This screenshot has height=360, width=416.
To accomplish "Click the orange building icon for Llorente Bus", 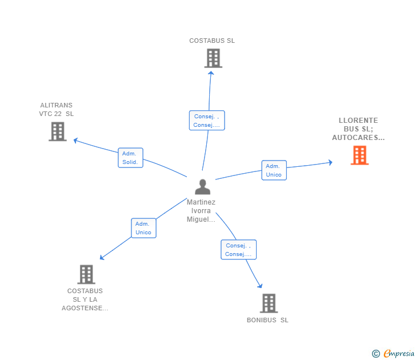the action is (x=359, y=155).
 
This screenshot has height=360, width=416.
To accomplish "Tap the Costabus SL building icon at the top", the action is (x=213, y=58).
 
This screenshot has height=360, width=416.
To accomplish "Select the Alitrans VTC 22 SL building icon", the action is (x=57, y=131).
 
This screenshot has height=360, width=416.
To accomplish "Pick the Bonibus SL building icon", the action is (x=269, y=303).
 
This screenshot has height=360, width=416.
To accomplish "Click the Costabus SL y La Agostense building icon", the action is (x=86, y=274).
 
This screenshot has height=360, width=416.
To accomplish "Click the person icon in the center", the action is (x=202, y=187).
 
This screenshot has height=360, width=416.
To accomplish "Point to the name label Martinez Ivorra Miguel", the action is (x=201, y=211).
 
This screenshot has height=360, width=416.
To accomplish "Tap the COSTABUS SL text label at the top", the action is (x=212, y=41).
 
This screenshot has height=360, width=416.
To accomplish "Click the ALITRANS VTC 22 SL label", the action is (x=57, y=109).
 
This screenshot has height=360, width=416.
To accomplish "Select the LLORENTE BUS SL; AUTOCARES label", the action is (x=358, y=129).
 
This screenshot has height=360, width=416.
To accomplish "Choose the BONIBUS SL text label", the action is (x=267, y=320).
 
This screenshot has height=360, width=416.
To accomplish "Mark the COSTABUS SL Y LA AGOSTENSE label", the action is (x=85, y=299).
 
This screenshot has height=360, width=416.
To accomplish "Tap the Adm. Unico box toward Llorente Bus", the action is (x=274, y=170).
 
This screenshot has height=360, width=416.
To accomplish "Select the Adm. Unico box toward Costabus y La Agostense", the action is (x=143, y=228).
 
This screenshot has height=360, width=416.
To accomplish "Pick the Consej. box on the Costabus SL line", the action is (x=206, y=121).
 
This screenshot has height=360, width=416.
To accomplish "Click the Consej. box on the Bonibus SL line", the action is (x=238, y=250).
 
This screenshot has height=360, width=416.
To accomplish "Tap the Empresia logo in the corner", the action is (x=394, y=354).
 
